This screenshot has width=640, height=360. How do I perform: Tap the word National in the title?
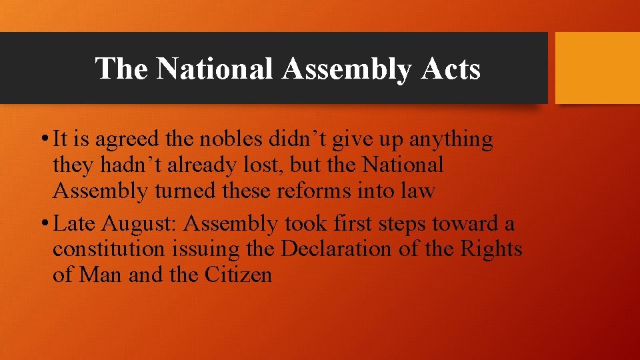[214, 69]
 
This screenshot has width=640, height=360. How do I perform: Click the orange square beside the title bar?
[597, 68]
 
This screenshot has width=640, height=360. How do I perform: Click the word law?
[420, 191]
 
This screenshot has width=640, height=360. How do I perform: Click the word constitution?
[108, 249]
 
